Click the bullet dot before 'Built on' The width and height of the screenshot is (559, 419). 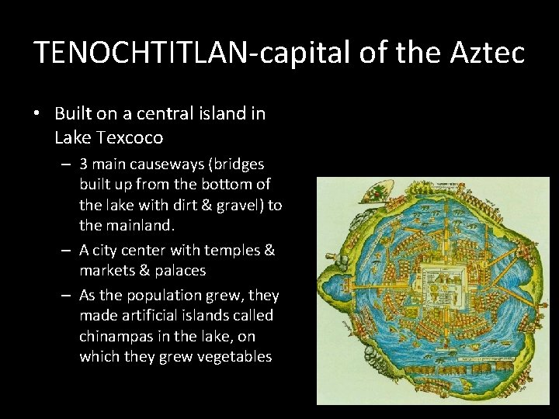click(38, 114)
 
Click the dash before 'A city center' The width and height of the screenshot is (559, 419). click(68, 251)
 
